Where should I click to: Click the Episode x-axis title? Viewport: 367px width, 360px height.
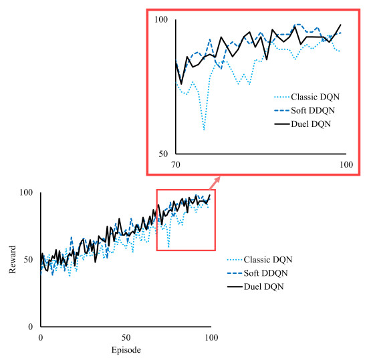point(125,349)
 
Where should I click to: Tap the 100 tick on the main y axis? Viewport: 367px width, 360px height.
point(27,193)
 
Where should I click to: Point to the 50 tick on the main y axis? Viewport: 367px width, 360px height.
point(29,259)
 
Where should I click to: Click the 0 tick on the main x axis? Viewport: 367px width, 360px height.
point(40,338)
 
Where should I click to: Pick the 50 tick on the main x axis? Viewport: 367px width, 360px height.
point(125,338)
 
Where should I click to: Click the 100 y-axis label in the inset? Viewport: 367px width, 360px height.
point(161,20)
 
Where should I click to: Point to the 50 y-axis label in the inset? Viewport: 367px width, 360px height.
point(163,154)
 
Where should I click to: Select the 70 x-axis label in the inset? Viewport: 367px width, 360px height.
point(176,164)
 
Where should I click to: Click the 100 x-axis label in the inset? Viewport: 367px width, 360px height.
point(345,164)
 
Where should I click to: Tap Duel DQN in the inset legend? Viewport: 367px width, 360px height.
point(304,124)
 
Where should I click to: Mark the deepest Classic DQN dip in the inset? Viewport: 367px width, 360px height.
point(204,130)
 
